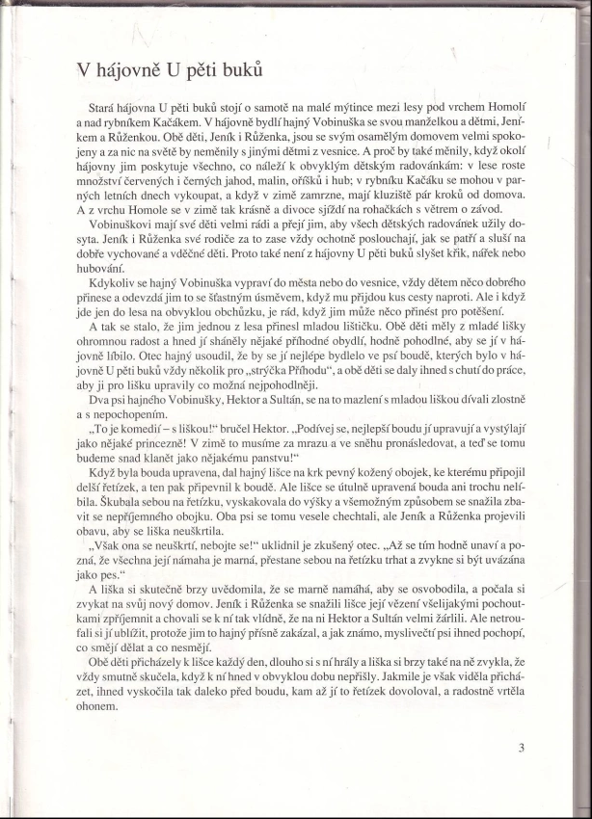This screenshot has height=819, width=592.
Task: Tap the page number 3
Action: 521,747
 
